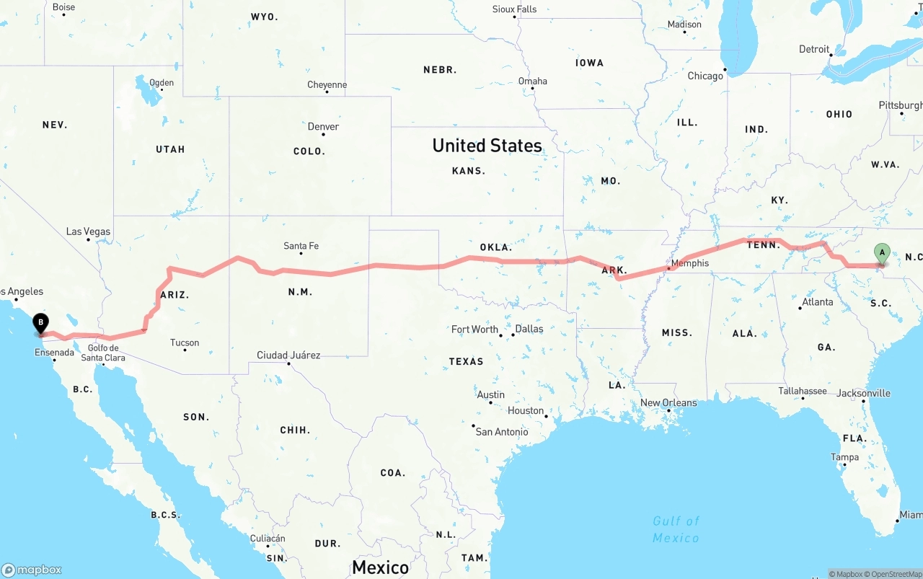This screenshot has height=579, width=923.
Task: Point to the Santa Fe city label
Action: [x=301, y=246]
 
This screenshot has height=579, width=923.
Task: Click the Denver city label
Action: [x=323, y=126]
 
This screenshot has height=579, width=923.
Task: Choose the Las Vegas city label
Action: [x=88, y=231]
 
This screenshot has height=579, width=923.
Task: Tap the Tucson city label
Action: [x=185, y=342]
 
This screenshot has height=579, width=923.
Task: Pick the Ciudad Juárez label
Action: [x=288, y=355]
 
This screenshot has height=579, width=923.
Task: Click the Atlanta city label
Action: [x=818, y=301]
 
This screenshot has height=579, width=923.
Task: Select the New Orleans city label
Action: [x=668, y=402]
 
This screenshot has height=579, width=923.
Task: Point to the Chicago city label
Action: [x=705, y=76]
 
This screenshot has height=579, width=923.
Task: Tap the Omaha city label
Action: [x=533, y=81]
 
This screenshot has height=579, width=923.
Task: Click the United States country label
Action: [x=487, y=146]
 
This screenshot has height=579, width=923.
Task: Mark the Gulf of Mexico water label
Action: [x=676, y=529]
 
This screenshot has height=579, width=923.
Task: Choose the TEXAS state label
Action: [x=466, y=361]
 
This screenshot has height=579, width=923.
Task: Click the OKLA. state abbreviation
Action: [x=495, y=247]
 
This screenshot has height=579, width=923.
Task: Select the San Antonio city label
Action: [x=502, y=432]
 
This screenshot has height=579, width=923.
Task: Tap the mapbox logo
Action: [x=32, y=570]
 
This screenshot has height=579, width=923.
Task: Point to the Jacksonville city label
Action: [x=863, y=393]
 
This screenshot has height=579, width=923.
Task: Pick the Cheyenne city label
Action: [x=327, y=84]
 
